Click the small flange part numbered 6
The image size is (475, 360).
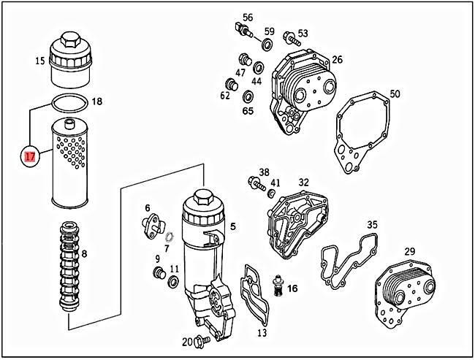point(153,224)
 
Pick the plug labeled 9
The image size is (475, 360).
point(156,274)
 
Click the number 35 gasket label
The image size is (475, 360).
point(372,225)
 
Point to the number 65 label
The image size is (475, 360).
point(248,111)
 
